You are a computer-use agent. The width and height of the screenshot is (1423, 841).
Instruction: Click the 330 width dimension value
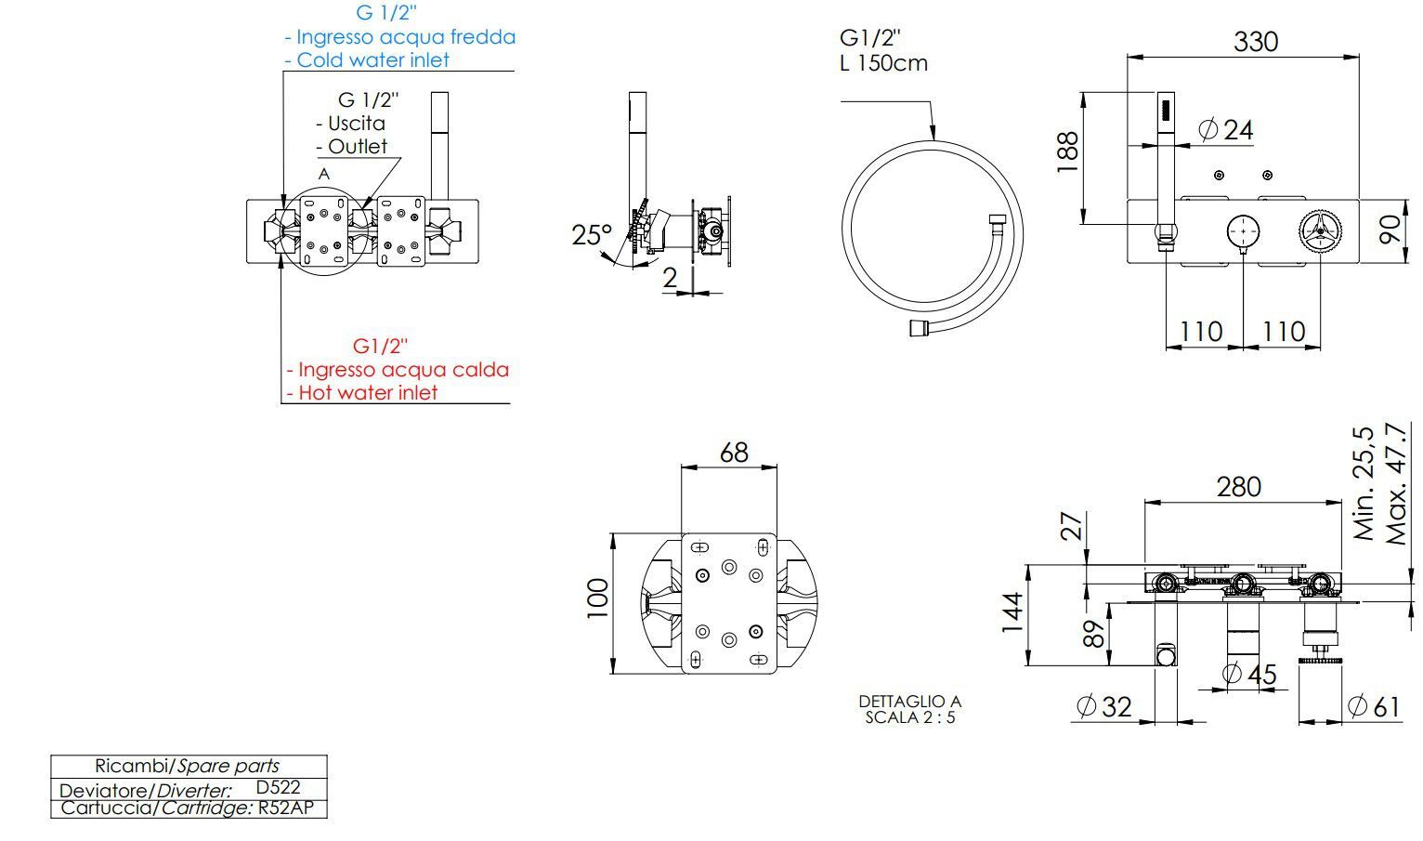(1255, 41)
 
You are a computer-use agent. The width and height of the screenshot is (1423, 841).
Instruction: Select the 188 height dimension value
(1067, 152)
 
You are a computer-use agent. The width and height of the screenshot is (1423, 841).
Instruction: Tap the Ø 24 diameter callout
(1226, 129)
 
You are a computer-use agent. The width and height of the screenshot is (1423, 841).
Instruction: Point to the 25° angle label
(592, 235)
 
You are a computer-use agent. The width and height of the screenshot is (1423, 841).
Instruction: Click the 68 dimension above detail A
(734, 452)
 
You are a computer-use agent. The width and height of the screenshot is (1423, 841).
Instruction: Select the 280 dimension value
(1239, 486)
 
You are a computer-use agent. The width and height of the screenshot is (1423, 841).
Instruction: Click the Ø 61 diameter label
(1374, 706)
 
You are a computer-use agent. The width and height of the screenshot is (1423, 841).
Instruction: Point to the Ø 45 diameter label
(1249, 674)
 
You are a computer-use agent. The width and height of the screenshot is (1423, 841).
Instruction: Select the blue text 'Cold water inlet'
(372, 59)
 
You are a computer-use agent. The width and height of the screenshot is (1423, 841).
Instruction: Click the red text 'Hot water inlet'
(367, 392)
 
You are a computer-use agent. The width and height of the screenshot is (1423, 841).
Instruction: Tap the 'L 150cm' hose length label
(883, 63)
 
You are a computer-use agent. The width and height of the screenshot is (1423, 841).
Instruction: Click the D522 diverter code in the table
(278, 786)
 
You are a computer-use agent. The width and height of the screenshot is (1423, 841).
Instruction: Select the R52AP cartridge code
(288, 808)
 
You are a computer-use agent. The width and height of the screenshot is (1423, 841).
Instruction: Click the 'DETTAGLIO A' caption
(909, 701)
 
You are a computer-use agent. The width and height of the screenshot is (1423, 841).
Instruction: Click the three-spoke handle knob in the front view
(1320, 230)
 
